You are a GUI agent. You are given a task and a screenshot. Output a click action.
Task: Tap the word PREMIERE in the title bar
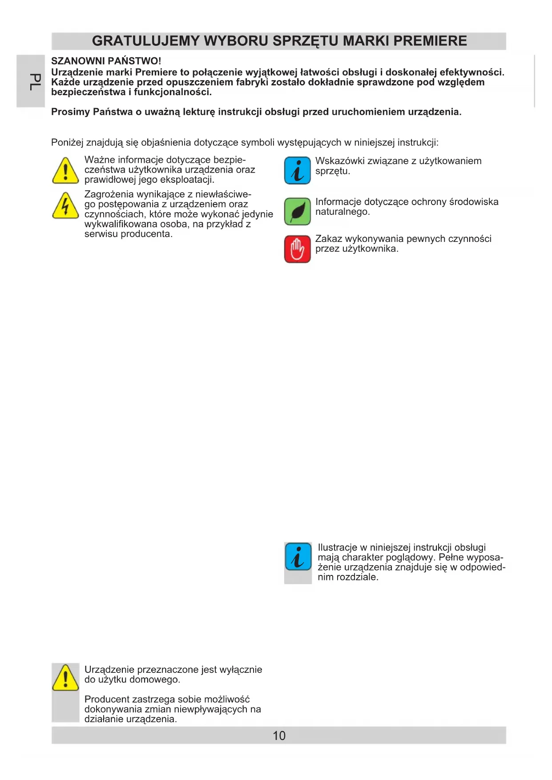tap(430, 41)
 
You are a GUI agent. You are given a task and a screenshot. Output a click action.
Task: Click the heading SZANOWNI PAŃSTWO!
tap(106, 61)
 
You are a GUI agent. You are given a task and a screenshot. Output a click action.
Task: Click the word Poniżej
tap(67, 143)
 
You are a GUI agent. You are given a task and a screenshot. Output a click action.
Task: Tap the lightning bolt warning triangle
tap(65, 206)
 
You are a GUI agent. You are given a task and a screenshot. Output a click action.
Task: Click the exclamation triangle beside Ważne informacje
tap(65, 171)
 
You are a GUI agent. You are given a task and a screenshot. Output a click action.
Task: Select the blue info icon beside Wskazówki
tap(297, 171)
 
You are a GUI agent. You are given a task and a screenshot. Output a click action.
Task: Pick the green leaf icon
tap(297, 211)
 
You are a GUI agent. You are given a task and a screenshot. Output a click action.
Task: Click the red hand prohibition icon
tap(297, 249)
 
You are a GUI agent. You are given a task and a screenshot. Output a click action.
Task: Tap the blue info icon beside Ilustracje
tap(298, 556)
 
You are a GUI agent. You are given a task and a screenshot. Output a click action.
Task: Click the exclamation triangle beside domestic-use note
tap(65, 677)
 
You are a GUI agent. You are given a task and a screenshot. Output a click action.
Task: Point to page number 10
tap(279, 736)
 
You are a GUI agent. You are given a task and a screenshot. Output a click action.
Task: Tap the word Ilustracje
tap(337, 547)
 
